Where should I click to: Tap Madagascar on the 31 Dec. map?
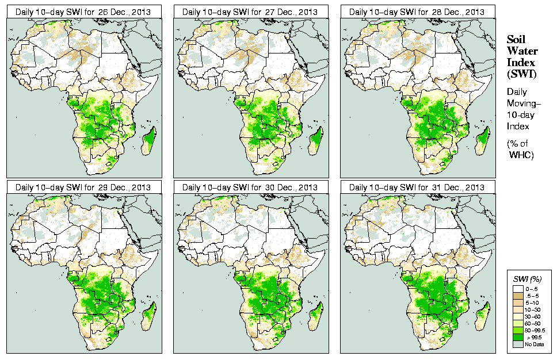(483, 315)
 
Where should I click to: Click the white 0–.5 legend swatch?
(519, 288)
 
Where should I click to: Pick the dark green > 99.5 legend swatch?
(519, 337)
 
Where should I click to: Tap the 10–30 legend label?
(533, 309)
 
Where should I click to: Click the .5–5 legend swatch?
(519, 294)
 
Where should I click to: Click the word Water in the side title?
(520, 51)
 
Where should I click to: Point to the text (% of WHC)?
(520, 148)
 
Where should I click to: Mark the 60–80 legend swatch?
(519, 323)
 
